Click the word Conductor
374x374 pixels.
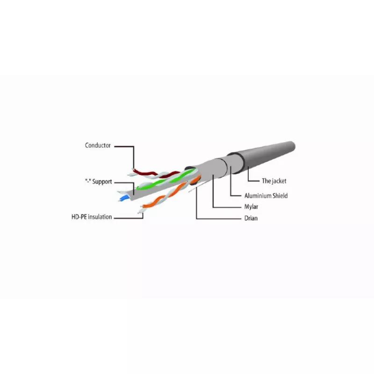tap(98, 145)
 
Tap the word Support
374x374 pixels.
tap(102, 182)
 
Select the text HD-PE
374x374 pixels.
tap(79, 217)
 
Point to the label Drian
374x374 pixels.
tap(251, 218)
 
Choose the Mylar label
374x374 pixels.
tap(251, 207)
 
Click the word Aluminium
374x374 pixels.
tap(258, 195)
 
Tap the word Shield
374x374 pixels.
tap(280, 195)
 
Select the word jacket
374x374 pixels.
tap(279, 181)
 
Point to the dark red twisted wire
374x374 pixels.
tap(155, 173)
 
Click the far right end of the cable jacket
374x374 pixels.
tap(294, 146)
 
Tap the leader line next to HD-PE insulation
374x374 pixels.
tap(129, 218)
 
